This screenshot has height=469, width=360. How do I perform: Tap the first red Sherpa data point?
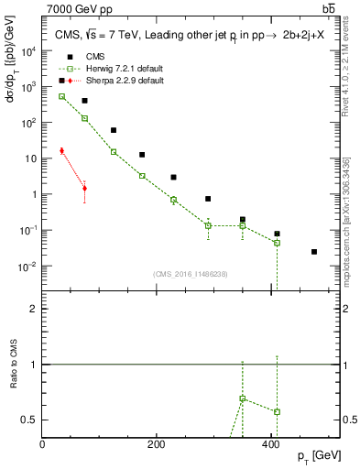click(61, 151)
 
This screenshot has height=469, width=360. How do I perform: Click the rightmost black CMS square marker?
click(314, 251)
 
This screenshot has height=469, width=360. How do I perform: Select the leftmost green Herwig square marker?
click(61, 96)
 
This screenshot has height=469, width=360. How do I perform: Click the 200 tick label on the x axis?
click(157, 444)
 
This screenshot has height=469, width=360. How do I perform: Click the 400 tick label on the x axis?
click(271, 444)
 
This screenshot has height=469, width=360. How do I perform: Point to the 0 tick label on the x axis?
click(43, 444)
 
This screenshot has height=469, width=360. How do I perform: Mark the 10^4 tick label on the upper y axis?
click(27, 51)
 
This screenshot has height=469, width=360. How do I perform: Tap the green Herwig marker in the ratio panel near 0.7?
click(242, 398)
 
